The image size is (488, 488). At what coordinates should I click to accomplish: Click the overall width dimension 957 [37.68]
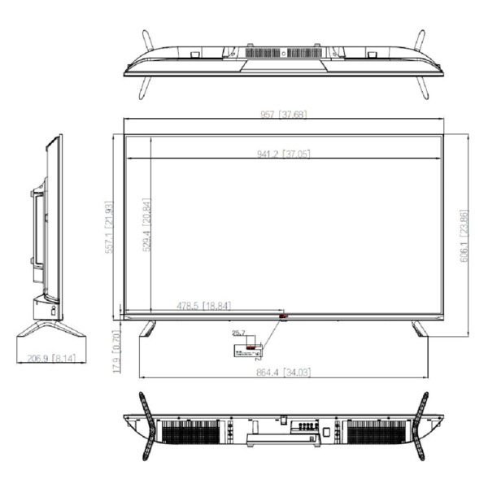(x=283, y=115)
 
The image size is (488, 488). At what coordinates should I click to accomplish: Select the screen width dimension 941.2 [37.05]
(x=283, y=155)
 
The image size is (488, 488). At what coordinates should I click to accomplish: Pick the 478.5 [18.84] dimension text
(x=203, y=306)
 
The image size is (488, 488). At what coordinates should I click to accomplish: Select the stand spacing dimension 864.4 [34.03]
(x=283, y=372)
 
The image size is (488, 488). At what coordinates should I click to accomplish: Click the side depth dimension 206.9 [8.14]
(x=51, y=356)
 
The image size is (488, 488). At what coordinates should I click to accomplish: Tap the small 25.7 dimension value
(x=238, y=333)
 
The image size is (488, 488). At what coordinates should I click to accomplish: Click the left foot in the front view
(x=148, y=328)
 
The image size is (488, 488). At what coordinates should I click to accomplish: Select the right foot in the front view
(x=419, y=328)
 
